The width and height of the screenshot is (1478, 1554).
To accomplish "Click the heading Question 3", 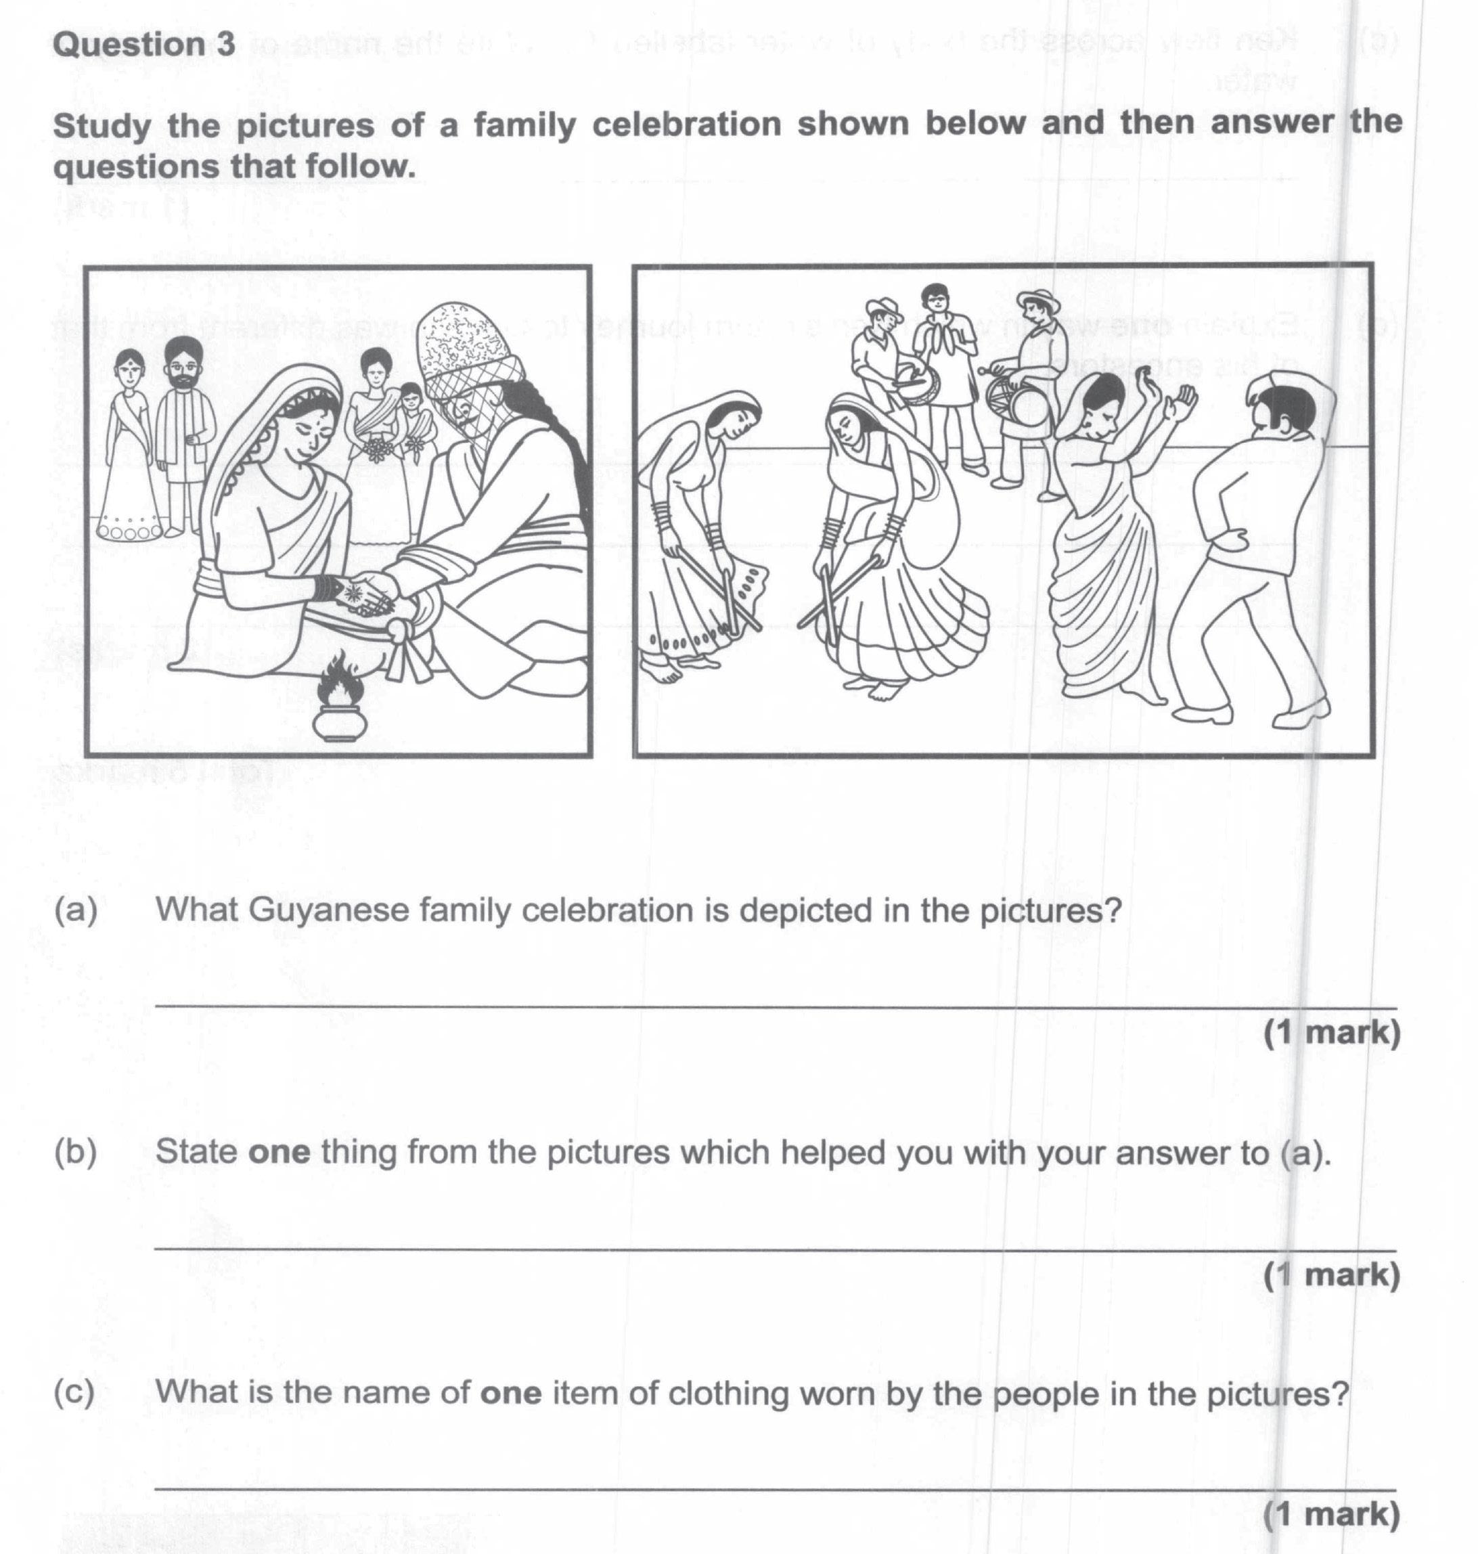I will pos(143,45).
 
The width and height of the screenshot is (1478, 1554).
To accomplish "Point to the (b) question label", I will pos(76,1152).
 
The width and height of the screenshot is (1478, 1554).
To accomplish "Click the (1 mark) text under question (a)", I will pos(1331,1032).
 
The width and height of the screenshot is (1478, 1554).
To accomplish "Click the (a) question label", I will pos(76,910).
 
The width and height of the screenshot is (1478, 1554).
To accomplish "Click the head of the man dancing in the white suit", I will pos(1282,409).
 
